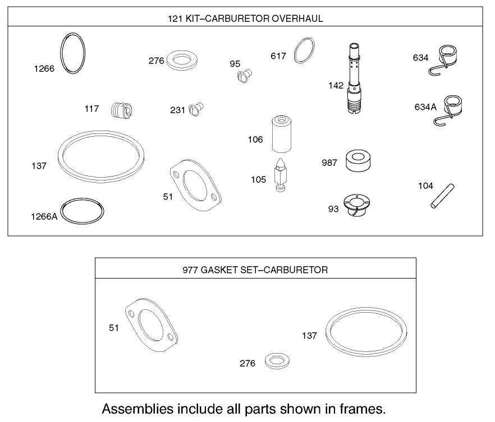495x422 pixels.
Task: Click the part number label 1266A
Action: (44, 217)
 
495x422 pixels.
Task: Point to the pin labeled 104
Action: (442, 196)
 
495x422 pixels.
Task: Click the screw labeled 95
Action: (245, 75)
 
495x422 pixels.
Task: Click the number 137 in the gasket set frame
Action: (309, 336)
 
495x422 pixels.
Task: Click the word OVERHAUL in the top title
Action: (297, 18)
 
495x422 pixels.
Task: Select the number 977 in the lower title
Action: (190, 270)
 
